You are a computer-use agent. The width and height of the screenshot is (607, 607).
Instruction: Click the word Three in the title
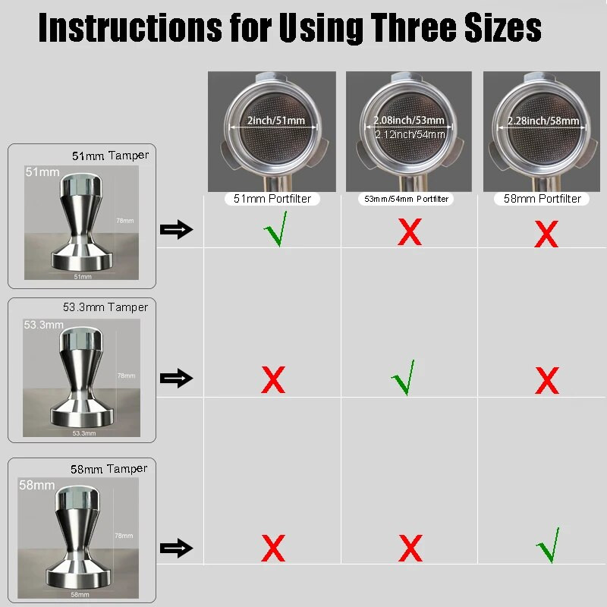click(x=414, y=27)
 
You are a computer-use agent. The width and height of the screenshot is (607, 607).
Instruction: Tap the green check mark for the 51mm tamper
click(x=276, y=230)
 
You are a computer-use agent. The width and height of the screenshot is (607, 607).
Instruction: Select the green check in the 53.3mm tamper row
click(x=404, y=378)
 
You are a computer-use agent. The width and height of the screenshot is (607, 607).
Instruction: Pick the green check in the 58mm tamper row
click(x=549, y=545)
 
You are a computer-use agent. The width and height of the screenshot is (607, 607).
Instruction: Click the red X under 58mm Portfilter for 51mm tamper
click(x=546, y=234)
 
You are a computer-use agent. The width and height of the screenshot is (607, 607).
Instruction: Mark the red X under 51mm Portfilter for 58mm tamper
click(x=273, y=548)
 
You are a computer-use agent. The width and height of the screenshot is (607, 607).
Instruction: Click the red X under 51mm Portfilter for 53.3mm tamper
click(x=273, y=380)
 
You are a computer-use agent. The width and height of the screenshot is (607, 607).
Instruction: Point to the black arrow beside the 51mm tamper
click(x=177, y=230)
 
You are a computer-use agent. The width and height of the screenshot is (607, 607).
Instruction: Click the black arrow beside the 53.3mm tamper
click(x=177, y=378)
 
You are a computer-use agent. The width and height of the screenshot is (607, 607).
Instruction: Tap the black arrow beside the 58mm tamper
click(x=177, y=548)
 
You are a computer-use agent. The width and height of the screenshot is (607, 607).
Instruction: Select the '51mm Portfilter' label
click(x=272, y=199)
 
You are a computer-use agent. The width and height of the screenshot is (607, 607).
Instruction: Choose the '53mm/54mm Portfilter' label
click(x=406, y=199)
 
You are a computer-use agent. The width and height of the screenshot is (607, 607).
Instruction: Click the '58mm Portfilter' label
click(x=542, y=199)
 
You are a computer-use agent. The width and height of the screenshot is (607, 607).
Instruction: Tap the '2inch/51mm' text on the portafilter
click(x=276, y=121)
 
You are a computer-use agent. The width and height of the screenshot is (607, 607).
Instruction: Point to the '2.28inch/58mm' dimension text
click(x=543, y=121)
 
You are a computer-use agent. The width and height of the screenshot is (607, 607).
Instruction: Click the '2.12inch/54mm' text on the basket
click(x=410, y=134)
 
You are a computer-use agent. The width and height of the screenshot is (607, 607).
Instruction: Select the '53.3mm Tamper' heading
click(x=105, y=307)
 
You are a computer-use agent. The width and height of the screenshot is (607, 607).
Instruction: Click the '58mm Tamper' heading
click(x=109, y=469)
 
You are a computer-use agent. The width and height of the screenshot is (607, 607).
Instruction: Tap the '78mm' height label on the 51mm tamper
click(x=125, y=221)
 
